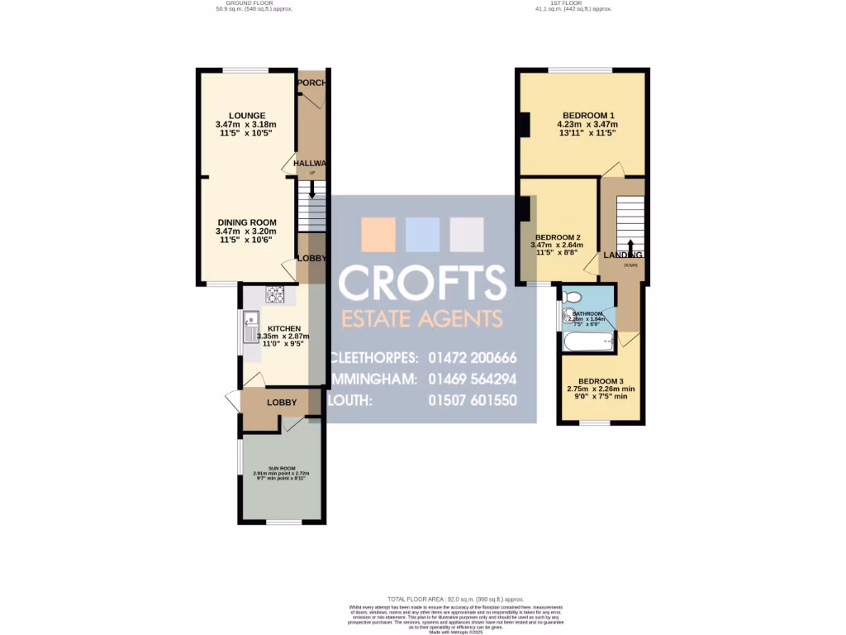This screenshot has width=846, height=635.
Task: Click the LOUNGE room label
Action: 247,115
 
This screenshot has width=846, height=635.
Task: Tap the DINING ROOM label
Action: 247,222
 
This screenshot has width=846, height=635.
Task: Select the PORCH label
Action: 312,83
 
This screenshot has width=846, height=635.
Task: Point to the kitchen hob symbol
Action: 274,294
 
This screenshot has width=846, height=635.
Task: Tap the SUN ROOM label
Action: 280,468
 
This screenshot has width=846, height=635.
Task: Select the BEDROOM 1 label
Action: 588,115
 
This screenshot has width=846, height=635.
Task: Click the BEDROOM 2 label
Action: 558,237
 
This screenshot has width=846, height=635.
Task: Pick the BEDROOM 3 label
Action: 601,380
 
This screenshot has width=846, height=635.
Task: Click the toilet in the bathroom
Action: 573,297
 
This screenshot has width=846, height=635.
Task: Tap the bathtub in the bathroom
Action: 587,341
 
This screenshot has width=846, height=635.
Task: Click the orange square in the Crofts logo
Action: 379,234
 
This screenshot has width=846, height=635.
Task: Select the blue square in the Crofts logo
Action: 423,234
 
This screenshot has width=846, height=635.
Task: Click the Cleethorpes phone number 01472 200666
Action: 473,358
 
